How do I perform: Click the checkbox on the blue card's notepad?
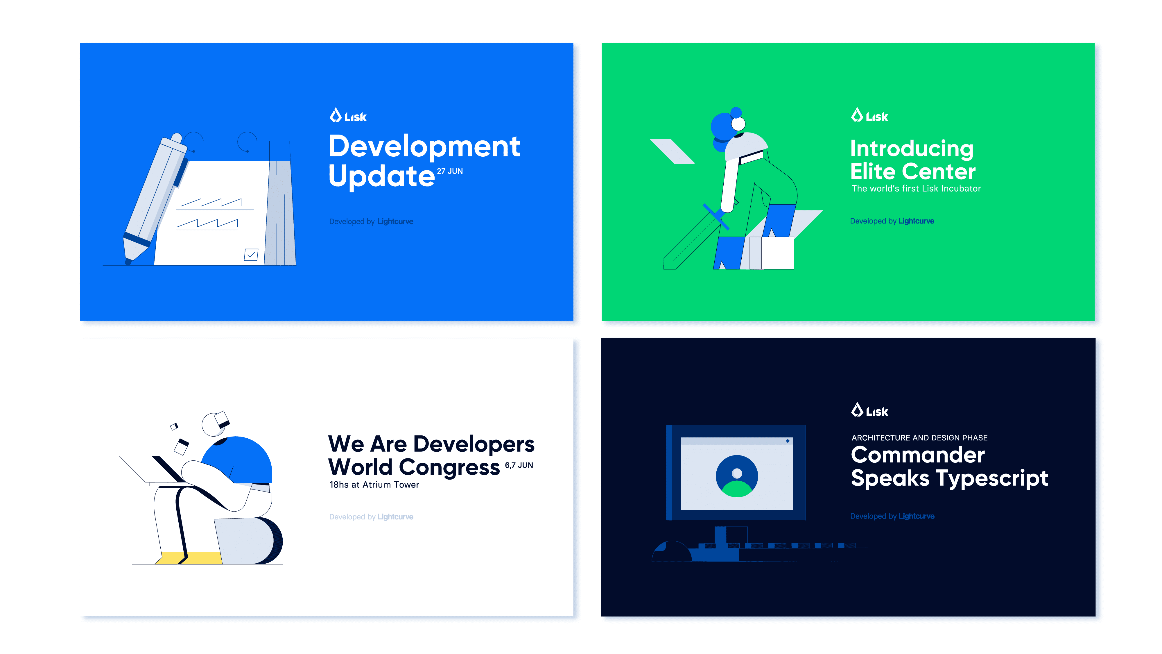tap(251, 255)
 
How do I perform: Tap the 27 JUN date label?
tap(450, 171)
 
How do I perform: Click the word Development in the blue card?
tap(424, 147)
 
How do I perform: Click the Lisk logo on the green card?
tap(869, 116)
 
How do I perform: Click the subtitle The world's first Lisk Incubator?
tap(916, 189)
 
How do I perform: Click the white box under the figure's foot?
tap(777, 253)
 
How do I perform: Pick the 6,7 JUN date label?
tap(519, 465)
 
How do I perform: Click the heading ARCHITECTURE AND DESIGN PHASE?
tap(919, 438)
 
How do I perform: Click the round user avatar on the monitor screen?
tap(737, 476)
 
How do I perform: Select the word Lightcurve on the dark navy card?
tap(916, 516)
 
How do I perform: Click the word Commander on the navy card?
tap(917, 455)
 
